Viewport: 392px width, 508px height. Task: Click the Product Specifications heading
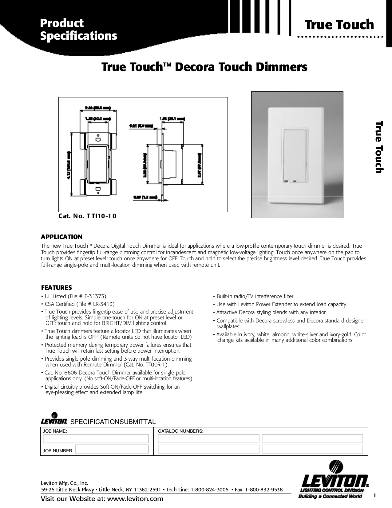pos(79,30)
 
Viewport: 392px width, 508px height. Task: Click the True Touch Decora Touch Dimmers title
pos(204,67)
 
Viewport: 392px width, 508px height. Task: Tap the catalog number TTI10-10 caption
pos(88,216)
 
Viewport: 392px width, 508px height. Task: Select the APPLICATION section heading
pos(62,237)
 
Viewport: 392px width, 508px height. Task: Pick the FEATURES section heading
pos(57,288)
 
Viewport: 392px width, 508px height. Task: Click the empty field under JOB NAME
pos(96,438)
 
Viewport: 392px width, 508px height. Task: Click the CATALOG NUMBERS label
pos(180,431)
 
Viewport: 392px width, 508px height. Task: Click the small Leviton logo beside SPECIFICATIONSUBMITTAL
pos(54,420)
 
